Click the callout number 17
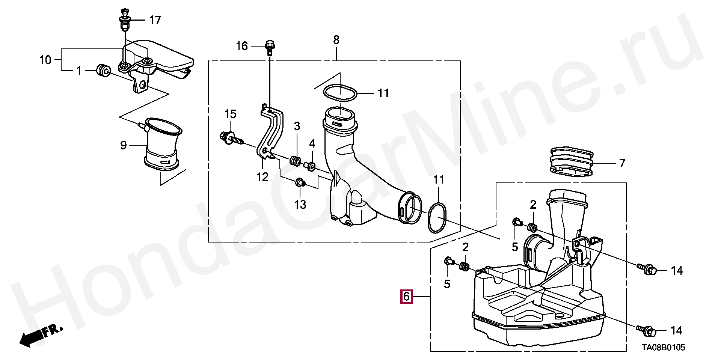[x=155, y=20]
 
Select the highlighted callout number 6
[x=406, y=297]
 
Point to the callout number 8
[x=336, y=40]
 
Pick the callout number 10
[x=45, y=60]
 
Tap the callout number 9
[x=124, y=145]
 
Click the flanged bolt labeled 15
[x=230, y=137]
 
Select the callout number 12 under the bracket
[x=262, y=176]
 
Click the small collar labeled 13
[x=300, y=183]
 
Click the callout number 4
[x=312, y=143]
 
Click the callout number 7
[x=622, y=163]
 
